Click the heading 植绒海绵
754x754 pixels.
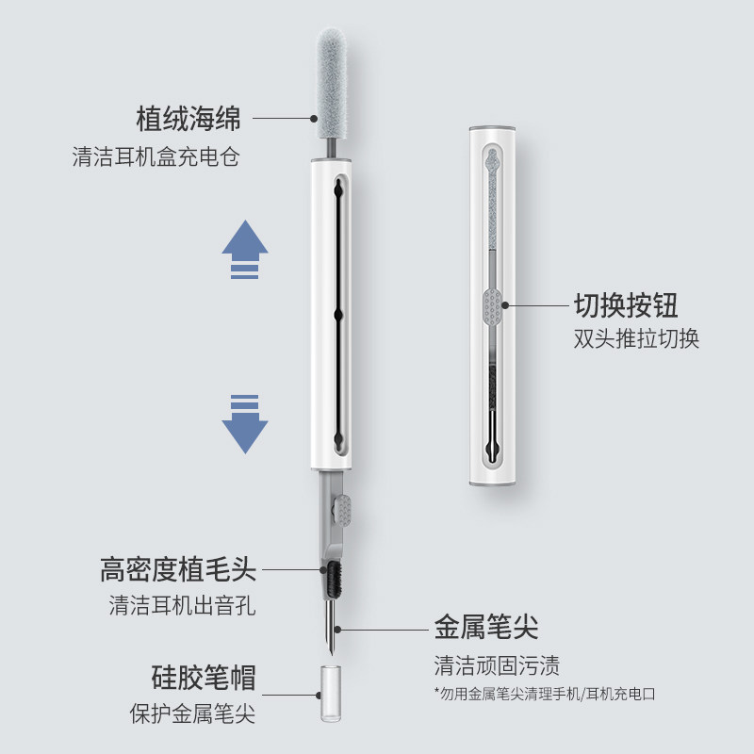coord(188,120)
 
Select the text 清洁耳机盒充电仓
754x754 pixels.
coord(156,156)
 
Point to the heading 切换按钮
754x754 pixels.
coord(626,305)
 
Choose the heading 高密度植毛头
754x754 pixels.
coord(178,569)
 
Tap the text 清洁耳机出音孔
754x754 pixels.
coord(182,605)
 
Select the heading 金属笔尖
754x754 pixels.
coord(486,627)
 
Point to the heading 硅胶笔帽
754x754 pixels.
coord(204,677)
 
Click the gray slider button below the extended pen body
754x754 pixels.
coord(344,512)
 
